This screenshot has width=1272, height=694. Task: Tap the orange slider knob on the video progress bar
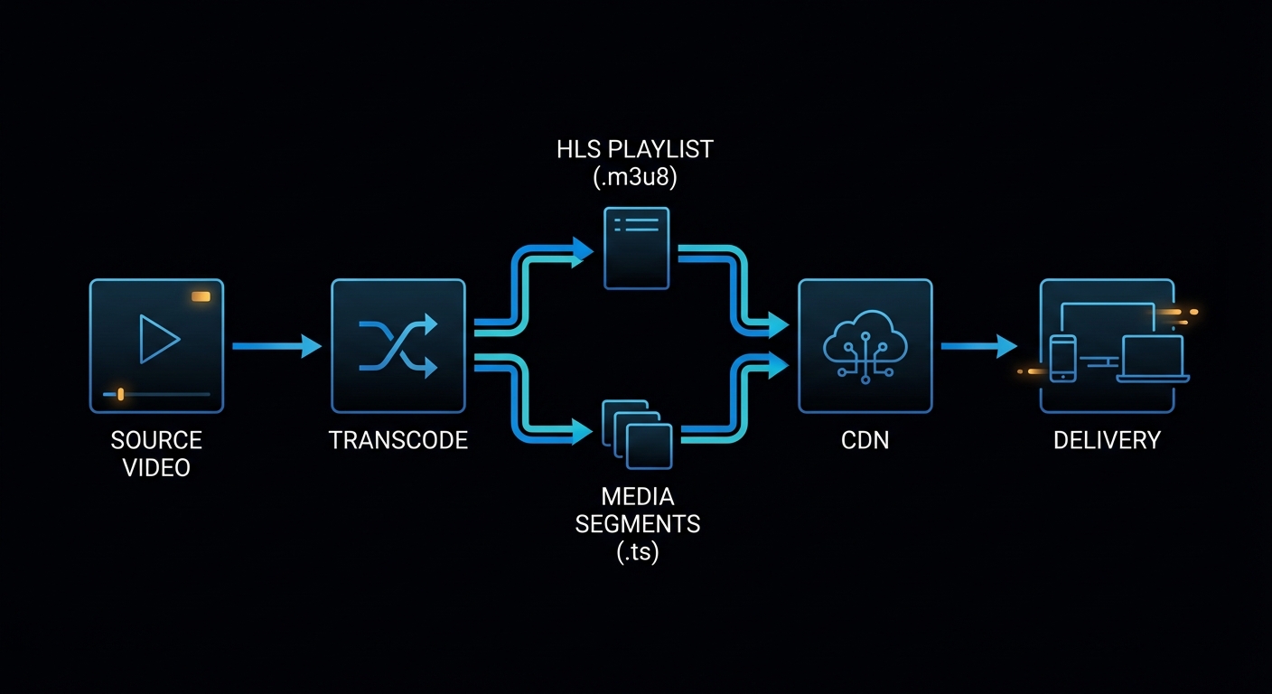[x=121, y=394]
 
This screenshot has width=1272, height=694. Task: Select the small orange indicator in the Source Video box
[x=201, y=296]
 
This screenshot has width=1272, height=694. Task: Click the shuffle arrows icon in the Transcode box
[x=398, y=345]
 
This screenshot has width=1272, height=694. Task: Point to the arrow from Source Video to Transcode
[x=276, y=345]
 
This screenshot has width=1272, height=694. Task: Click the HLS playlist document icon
[x=636, y=248]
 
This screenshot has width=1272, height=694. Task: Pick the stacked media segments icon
[x=637, y=435]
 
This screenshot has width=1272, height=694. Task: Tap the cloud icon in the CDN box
[x=865, y=343]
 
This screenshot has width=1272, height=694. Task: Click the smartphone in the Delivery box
[x=1062, y=358]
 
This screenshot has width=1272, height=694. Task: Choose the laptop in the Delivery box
[x=1153, y=359]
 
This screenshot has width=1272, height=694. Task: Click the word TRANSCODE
[x=398, y=440]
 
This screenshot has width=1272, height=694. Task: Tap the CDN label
[x=865, y=440]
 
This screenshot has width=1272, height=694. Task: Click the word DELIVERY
[x=1107, y=440]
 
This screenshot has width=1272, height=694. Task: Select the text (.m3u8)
[x=635, y=178]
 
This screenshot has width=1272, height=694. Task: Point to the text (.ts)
[x=637, y=552]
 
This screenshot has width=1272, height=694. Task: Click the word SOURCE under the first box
[x=156, y=440]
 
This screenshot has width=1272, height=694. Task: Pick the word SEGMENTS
[x=638, y=523]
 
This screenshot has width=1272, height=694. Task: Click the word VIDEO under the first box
[x=156, y=468]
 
